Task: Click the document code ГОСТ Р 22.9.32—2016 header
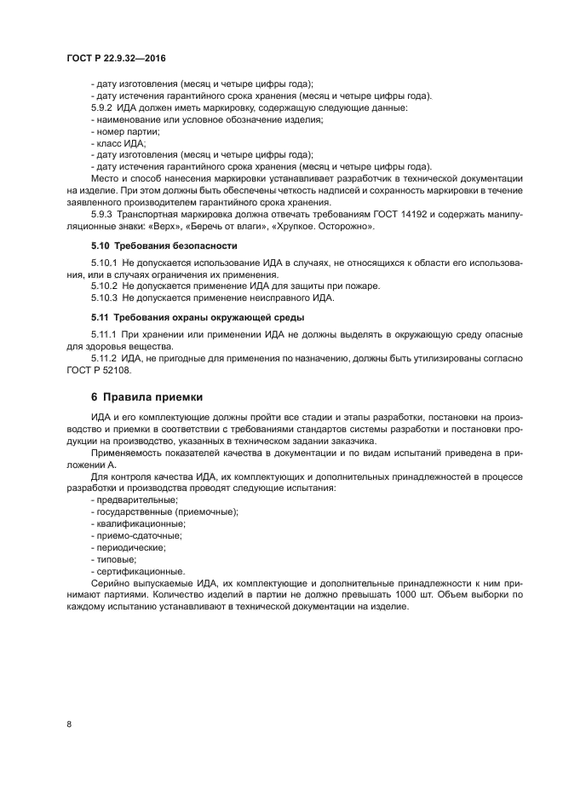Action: [x=115, y=58]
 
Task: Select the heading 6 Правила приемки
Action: [x=146, y=398]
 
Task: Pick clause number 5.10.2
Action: [x=106, y=286]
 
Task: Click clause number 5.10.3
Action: [x=106, y=297]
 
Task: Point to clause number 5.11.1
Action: [x=106, y=333]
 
